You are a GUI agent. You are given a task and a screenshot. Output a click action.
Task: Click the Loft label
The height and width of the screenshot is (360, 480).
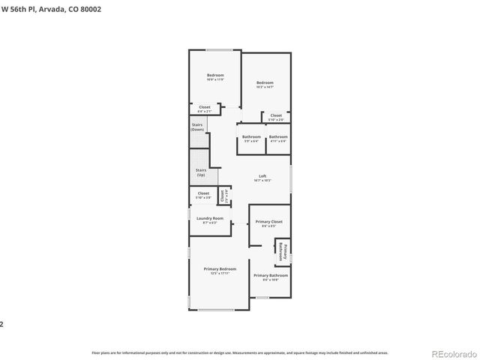[x=262, y=177]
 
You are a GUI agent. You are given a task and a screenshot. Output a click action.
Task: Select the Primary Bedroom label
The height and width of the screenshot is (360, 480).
[x=220, y=270]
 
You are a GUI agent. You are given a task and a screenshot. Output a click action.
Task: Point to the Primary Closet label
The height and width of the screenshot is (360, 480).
[x=268, y=223]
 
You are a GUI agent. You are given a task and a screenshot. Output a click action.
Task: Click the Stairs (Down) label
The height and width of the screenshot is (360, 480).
[x=197, y=127]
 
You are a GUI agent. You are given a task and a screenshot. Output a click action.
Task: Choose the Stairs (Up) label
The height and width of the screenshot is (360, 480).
[x=200, y=172]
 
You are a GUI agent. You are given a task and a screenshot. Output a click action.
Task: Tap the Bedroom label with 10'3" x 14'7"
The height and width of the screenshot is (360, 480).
[x=265, y=84]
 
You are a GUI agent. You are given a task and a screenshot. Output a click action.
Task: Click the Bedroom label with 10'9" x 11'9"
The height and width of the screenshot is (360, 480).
[x=216, y=76]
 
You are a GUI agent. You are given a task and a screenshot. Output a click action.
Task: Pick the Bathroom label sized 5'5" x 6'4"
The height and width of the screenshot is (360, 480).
[x=251, y=138]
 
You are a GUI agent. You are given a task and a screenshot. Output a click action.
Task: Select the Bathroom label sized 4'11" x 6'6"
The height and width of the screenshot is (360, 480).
[x=278, y=138]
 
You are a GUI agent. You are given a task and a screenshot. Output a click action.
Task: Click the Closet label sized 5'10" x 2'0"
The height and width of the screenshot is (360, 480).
[x=276, y=117]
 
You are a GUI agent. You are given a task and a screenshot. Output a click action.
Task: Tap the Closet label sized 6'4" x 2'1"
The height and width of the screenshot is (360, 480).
[x=204, y=109]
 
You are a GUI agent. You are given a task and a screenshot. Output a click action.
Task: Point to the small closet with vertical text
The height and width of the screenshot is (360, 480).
[x=223, y=196]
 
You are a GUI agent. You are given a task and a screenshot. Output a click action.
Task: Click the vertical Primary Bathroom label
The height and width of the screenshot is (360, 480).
[x=283, y=250]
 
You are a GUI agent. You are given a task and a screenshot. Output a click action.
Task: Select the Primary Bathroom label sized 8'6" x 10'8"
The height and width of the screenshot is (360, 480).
[x=271, y=277]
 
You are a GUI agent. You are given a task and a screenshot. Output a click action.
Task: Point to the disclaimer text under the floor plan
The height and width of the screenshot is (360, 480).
[x=239, y=352]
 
